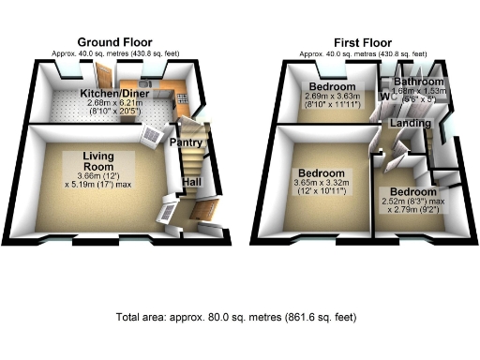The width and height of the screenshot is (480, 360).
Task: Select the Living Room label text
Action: [97, 161]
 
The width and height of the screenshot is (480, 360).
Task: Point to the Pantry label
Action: [187, 142]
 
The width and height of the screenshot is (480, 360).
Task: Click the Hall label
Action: [190, 182]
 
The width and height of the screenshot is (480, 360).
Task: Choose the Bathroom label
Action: [418, 82]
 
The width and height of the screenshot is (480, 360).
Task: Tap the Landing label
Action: [412, 123]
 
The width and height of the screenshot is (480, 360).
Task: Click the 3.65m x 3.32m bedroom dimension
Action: [322, 186]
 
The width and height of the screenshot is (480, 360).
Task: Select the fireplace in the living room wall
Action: [153, 137]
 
